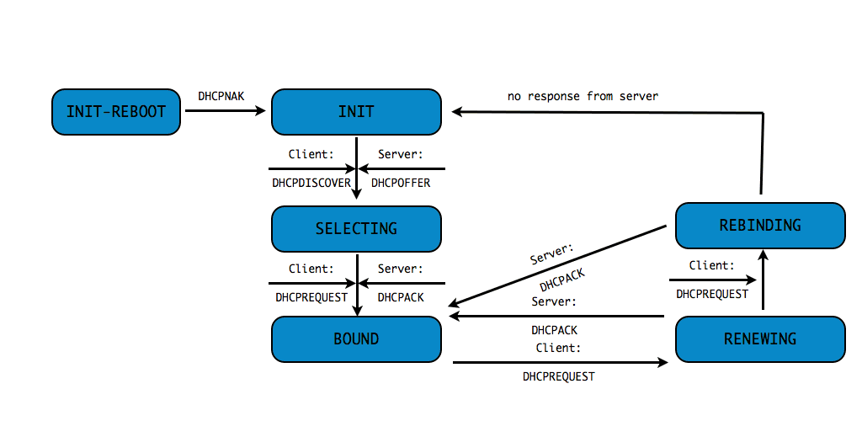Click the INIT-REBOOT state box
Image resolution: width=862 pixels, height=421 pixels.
click(x=116, y=111)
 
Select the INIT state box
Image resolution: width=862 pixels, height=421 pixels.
click(x=356, y=111)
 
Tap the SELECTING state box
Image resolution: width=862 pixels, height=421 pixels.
click(x=356, y=228)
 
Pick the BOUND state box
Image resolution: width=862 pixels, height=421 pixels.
click(x=356, y=339)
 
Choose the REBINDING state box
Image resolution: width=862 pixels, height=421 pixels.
click(x=760, y=225)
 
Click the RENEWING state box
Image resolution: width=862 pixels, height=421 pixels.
click(x=760, y=339)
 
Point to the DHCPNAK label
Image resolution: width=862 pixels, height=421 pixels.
click(x=221, y=96)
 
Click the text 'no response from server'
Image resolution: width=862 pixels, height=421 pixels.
click(x=583, y=96)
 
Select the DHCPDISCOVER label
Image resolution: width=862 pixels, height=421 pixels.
click(x=311, y=183)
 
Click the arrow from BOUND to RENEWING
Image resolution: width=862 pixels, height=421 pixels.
click(x=560, y=363)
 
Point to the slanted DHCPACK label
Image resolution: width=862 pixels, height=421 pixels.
click(x=562, y=280)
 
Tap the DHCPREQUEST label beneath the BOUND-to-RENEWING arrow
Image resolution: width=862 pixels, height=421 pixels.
click(x=559, y=376)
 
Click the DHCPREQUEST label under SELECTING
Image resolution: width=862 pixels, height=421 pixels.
click(x=311, y=297)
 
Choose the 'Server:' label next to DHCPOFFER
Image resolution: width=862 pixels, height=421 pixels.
click(x=401, y=154)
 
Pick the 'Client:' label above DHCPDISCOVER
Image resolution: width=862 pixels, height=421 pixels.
click(x=311, y=154)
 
